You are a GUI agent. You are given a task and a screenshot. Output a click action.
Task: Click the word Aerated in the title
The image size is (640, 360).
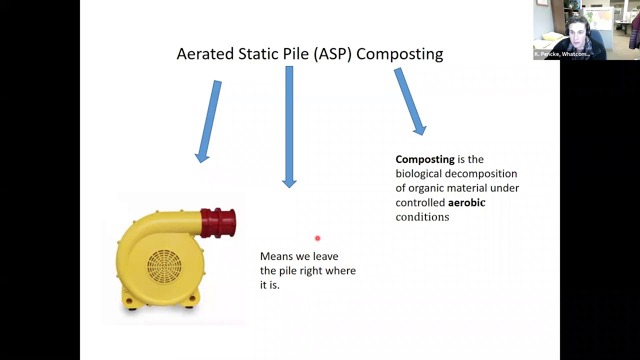[205, 54]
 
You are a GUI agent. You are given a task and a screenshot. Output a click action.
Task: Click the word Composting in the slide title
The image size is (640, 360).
[399, 54]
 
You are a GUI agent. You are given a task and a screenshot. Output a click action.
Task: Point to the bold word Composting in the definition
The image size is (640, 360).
[425, 159]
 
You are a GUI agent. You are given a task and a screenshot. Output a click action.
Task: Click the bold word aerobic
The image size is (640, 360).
[466, 202]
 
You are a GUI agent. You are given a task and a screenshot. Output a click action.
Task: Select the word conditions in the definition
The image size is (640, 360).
[422, 217]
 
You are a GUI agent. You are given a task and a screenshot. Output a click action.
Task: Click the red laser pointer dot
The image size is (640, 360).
[317, 238]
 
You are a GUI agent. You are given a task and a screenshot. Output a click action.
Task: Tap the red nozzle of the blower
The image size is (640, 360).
[218, 222]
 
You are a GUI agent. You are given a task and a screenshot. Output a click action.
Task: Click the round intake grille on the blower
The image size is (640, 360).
[164, 265]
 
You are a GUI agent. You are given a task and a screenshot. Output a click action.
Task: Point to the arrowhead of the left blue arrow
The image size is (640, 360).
[202, 157]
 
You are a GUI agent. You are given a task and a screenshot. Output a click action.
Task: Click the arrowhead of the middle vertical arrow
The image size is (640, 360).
[289, 183]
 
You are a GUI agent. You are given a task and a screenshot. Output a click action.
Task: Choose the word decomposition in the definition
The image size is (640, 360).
[480, 174]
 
